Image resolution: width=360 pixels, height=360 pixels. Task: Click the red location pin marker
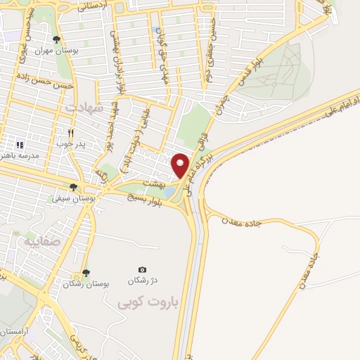[181, 165]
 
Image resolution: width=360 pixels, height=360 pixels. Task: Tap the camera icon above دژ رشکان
[143, 269]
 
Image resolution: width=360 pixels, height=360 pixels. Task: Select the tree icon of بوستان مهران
[57, 39]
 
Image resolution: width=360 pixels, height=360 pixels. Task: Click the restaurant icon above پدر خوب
[70, 132]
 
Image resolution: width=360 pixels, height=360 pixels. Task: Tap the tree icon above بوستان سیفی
[73, 187]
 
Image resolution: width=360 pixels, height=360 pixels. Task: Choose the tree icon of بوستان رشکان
[85, 272]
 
